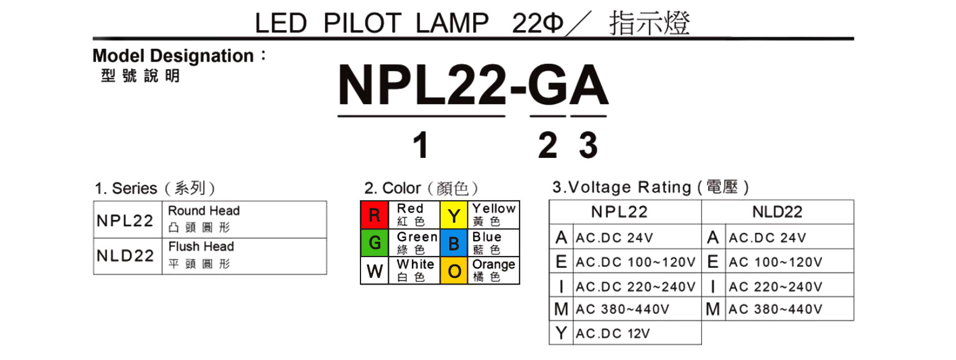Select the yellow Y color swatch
tap(454, 215)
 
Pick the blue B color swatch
tap(454, 243)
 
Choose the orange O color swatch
tap(454, 271)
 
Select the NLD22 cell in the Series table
tap(127, 256)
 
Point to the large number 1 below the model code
tap(420, 146)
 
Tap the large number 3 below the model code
tap(588, 146)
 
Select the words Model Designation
tap(173, 56)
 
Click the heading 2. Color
tap(393, 187)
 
